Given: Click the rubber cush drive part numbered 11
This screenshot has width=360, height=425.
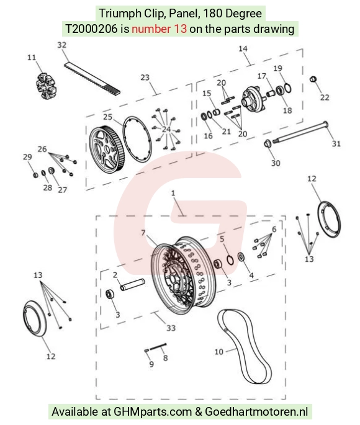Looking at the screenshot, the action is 47,86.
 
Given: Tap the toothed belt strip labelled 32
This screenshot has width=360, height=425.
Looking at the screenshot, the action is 92,79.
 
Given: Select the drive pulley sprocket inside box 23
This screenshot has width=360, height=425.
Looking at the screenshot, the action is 107,150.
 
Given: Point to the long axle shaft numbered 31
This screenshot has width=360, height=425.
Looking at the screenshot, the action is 300,133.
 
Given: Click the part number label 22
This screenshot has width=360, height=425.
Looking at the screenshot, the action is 325,97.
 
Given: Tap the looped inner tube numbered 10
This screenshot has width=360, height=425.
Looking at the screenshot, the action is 244,346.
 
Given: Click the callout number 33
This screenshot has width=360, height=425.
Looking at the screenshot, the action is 171,328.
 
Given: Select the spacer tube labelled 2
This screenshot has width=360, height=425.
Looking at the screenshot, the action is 132,285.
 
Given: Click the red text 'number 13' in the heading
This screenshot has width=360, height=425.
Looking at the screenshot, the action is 159,29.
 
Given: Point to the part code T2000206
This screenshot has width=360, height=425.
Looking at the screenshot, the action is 92,29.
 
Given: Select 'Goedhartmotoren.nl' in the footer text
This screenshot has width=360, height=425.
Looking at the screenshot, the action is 256,412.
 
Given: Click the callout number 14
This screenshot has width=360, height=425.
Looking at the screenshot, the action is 243,48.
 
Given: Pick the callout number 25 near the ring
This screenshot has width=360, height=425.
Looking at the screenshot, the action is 107,117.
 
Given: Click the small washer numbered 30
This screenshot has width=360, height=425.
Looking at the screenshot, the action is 268,144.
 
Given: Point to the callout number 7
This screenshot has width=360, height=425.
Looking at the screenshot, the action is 143,233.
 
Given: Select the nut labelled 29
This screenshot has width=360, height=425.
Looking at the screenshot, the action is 35,175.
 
